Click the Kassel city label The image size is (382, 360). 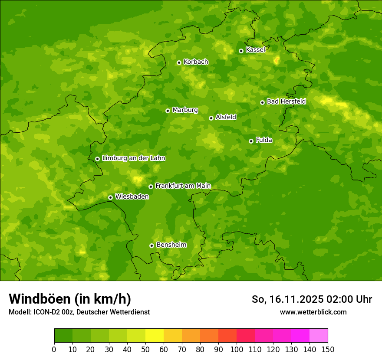click(x=255, y=50)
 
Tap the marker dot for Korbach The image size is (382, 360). click(x=179, y=62)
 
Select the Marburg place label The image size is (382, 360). click(x=185, y=110)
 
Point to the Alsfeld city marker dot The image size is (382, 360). click(x=211, y=118)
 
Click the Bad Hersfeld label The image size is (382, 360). click(x=286, y=101)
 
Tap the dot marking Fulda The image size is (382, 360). click(x=251, y=141)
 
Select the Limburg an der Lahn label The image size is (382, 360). click(x=133, y=158)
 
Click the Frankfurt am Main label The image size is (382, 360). click(x=183, y=186)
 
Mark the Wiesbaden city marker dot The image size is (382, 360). click(x=110, y=197)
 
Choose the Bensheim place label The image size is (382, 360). click(x=171, y=245)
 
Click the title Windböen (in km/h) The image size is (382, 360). click(x=70, y=299)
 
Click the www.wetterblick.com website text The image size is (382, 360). click(x=313, y=312)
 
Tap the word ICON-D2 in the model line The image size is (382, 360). click(x=45, y=312)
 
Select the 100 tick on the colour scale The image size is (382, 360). click(x=237, y=349)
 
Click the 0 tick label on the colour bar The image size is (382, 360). click(x=54, y=349)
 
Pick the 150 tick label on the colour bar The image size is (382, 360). click(x=328, y=349)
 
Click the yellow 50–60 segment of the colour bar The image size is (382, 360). click(x=155, y=336)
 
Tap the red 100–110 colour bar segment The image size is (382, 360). click(x=246, y=336)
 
